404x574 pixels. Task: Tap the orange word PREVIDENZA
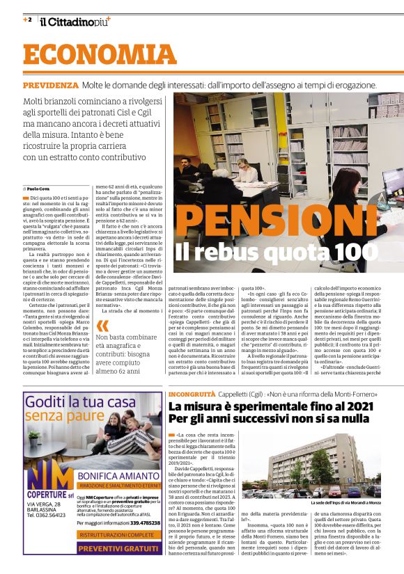click(x=50, y=85)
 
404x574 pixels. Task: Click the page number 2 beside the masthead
click(x=28, y=19)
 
